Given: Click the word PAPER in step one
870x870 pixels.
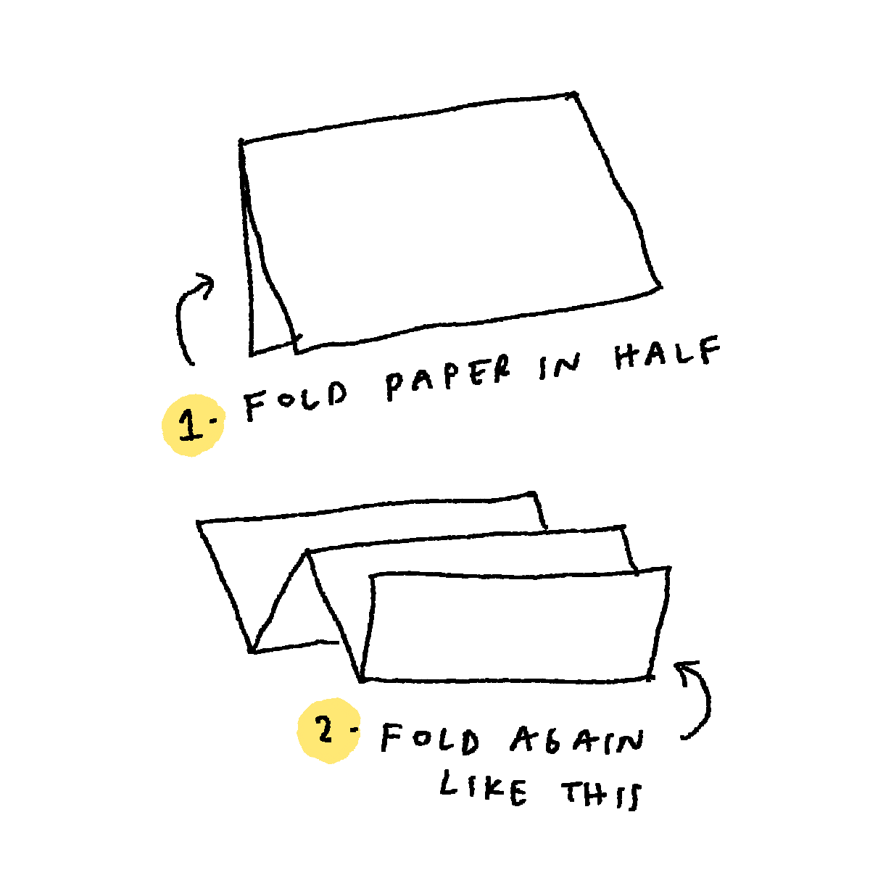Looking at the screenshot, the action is point(448,378).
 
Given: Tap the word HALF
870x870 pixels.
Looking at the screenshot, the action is point(667,352).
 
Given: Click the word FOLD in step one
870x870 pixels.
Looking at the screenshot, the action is point(296,400).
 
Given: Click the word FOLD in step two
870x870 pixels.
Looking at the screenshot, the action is point(429,739).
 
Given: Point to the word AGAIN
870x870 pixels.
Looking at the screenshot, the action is point(576,740).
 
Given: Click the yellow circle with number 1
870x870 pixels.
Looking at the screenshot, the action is point(194,426).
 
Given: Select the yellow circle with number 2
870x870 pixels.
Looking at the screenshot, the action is point(328,731).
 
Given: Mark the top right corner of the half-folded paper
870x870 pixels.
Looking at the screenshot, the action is point(575,94).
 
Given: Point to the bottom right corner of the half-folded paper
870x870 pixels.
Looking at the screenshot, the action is point(660,286).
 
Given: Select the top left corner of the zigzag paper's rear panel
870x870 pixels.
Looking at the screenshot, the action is point(198,522).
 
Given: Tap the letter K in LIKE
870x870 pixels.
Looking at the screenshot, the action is point(487,790).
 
